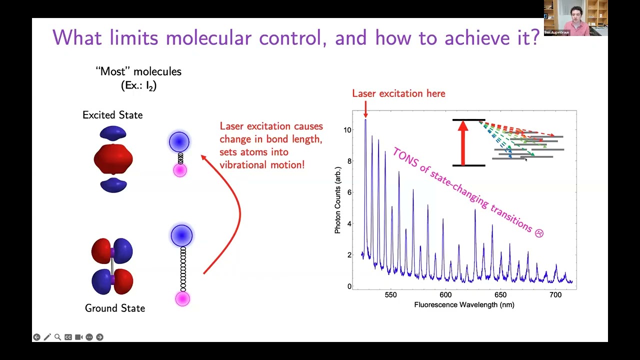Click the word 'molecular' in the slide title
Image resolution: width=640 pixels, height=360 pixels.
coord(208,38)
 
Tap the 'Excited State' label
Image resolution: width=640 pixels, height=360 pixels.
coord(112,115)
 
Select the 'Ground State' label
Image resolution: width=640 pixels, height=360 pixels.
coord(115,308)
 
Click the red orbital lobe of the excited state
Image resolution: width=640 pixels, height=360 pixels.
coord(113,159)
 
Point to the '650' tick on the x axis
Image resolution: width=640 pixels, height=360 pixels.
coord(500,295)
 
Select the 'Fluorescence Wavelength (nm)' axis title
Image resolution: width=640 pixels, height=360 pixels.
coord(464,304)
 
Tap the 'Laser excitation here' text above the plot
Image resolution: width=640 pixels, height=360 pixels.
coord(398,93)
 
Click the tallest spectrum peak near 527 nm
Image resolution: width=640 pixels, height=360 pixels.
coord(365,122)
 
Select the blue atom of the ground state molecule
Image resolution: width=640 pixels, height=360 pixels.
coord(181,235)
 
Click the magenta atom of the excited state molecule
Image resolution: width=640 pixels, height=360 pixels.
coord(179,170)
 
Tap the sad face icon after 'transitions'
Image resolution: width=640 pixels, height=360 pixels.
coord(538,233)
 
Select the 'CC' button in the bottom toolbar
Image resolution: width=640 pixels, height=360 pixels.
coord(68,337)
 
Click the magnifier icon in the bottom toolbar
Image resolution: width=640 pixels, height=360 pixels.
coord(57,337)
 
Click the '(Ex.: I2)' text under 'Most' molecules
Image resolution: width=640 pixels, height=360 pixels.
coord(138,85)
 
